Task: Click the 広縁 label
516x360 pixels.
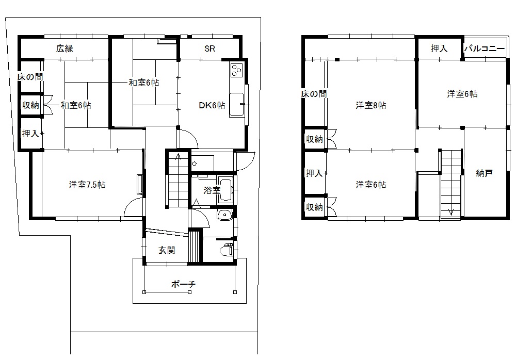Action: click(64, 48)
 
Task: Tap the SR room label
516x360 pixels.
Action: click(209, 48)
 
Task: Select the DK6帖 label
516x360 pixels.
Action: click(212, 105)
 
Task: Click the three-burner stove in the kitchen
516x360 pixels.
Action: click(237, 70)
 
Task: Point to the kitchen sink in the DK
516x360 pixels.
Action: click(237, 105)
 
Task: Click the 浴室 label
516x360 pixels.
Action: click(212, 190)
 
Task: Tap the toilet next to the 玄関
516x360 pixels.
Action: click(227, 250)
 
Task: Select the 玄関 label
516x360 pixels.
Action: click(167, 251)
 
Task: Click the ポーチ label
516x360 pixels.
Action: click(183, 284)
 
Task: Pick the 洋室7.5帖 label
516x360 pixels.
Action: click(87, 185)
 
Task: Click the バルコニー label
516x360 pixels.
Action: click(485, 48)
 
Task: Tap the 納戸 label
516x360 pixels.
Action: click(484, 173)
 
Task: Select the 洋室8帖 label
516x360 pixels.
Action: click(371, 105)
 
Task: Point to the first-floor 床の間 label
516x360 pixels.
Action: click(30, 77)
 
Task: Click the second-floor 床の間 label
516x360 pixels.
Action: click(314, 94)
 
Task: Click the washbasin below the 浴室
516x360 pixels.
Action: click(225, 215)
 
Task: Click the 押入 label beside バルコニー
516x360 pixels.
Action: click(439, 48)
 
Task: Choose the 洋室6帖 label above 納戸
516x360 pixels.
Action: click(462, 94)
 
